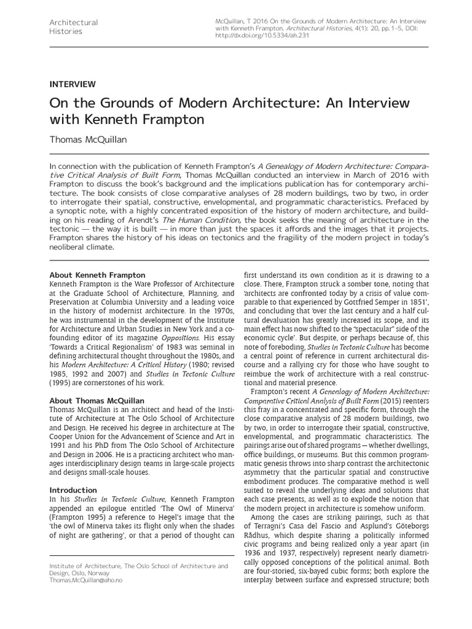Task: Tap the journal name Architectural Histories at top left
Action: coord(73,27)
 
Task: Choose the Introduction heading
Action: coord(73,490)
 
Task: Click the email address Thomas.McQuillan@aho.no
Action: coord(85,580)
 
